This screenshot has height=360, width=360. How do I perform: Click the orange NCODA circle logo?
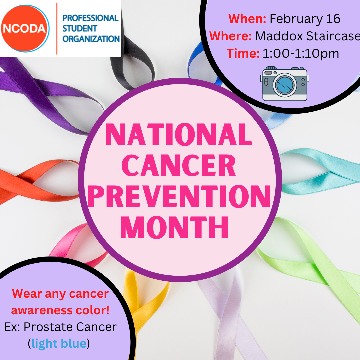coord(25,28)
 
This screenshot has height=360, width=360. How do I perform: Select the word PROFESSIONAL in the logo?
coord(90,18)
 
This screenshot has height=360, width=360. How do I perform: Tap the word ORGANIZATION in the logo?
coord(91,39)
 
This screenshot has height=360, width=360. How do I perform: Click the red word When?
coord(247,19)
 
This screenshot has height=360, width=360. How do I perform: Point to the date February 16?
coord(305,19)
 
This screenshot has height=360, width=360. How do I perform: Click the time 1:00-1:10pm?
coord(301,53)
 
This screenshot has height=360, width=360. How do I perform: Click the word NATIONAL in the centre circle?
coord(179,135)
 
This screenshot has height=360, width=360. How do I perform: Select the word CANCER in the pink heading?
coord(179,165)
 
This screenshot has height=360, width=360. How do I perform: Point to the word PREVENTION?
coord(179,196)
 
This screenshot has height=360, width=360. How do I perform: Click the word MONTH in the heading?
coord(174,227)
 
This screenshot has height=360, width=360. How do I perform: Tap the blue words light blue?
coord(59,344)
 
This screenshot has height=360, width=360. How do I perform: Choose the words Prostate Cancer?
coord(70,327)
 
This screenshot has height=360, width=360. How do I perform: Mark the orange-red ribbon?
coord(34,181)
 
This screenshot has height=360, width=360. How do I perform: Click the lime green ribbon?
coord(315,264)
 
